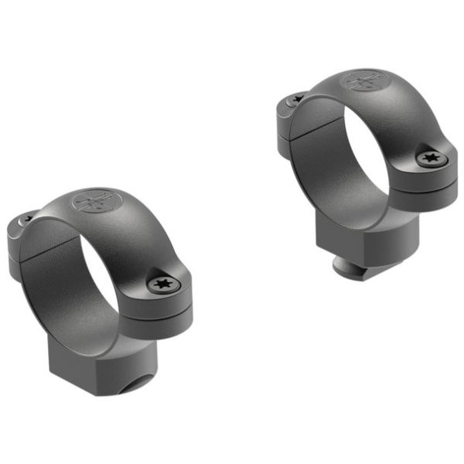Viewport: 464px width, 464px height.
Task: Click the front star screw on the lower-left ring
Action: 164,285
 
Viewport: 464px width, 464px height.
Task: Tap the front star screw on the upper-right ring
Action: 431,159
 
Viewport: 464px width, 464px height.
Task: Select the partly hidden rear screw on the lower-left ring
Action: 26,220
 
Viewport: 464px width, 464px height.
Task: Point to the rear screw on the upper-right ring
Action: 296,100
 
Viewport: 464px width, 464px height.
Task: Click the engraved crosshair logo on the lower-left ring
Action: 92,203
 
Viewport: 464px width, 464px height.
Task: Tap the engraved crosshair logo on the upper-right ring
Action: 362,80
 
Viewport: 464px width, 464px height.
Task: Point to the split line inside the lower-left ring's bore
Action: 43,255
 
